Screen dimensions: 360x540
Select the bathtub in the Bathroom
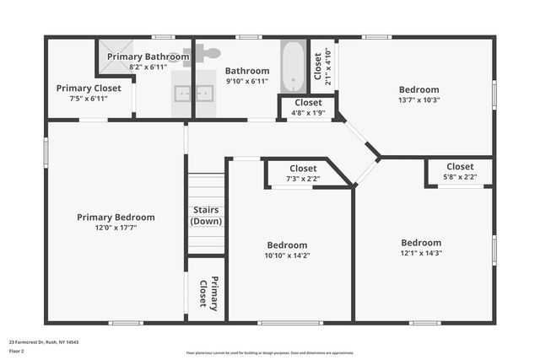click(292, 67)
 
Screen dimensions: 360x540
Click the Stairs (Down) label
click(206, 215)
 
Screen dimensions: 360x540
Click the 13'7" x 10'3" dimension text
click(418, 99)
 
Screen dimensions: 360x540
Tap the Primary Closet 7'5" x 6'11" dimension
click(89, 98)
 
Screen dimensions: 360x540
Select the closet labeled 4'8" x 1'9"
click(308, 111)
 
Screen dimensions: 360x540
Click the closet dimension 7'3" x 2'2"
click(303, 178)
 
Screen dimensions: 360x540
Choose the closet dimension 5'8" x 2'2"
click(460, 176)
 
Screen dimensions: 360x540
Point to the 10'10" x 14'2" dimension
click(288, 255)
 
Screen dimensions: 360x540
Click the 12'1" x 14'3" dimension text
click(421, 252)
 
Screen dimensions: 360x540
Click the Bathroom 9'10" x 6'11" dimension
click(246, 81)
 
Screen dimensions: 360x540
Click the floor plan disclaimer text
click(270, 352)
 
